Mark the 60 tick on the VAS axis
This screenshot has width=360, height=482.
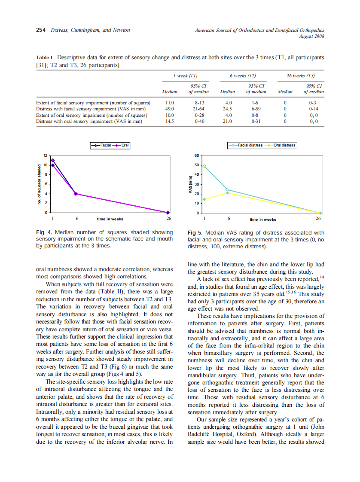click(196, 156)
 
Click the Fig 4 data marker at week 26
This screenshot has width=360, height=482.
click(168, 212)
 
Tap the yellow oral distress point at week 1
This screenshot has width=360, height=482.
click(204, 199)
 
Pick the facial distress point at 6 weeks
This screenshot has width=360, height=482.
click(227, 189)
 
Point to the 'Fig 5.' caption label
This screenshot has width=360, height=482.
click(196, 232)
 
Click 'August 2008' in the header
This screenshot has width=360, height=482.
click(311, 36)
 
